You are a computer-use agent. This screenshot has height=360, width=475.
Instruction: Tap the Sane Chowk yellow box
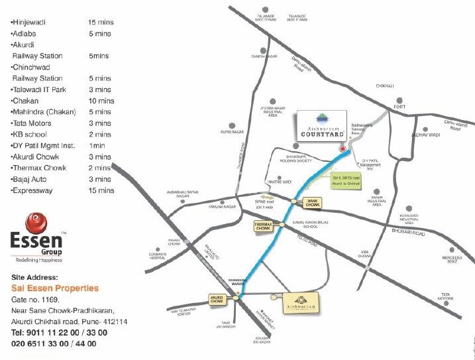click(x=311, y=202)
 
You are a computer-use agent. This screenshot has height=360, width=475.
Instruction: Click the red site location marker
click(x=342, y=149)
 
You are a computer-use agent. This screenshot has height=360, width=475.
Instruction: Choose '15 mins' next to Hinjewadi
click(x=101, y=23)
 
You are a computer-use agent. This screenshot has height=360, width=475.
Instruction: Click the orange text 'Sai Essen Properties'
click(x=55, y=288)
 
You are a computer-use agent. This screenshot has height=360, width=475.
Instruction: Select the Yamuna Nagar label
click(x=190, y=206)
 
